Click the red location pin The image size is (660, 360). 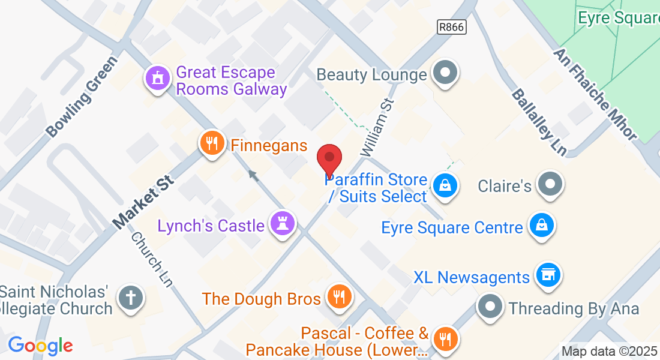[329, 158]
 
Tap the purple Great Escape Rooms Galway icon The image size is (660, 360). [158, 78]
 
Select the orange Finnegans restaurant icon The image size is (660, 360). [211, 144]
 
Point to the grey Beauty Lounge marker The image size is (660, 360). [445, 73]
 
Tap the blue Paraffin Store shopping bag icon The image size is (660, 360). [445, 185]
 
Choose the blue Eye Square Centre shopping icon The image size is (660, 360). [541, 226]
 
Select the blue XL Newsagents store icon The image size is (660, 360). [548, 275]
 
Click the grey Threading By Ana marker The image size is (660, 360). [490, 306]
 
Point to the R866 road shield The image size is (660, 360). [451, 26]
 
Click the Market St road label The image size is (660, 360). [142, 202]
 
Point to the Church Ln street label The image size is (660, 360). [151, 259]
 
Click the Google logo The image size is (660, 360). [40, 346]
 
